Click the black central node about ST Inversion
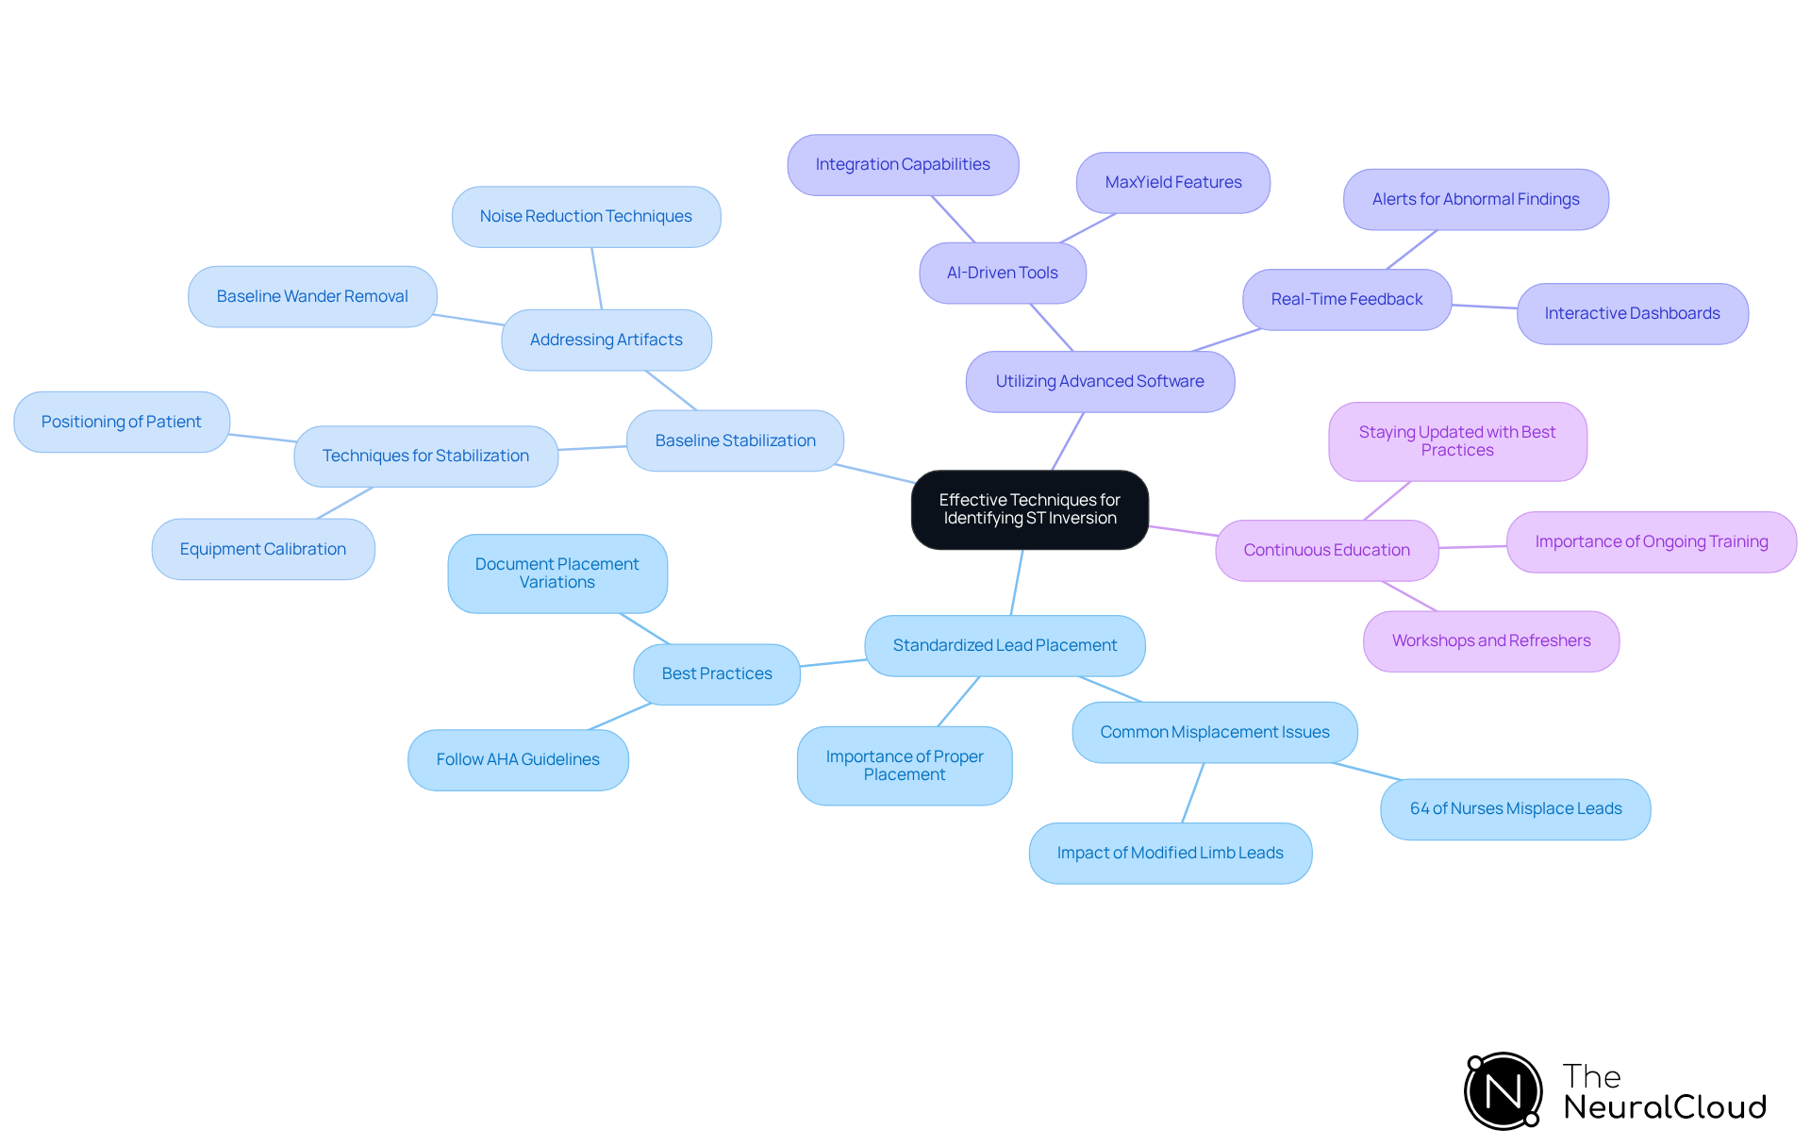1029,509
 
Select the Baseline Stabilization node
735,440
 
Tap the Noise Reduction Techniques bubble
586,216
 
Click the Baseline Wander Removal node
312,296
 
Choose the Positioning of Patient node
122,422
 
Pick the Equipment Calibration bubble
263,549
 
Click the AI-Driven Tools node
1003,273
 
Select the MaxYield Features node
1173,182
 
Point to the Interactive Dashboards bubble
1633,313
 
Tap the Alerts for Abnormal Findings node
1476,199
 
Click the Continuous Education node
1327,550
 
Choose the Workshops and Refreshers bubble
1491,640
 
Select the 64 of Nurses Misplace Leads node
1516,808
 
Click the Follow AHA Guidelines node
518,759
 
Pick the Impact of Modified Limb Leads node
1171,853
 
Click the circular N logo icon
1504,1091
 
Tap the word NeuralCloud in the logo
1665,1107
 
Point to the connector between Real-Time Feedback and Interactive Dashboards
1485,307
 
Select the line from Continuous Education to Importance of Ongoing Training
1472,547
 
